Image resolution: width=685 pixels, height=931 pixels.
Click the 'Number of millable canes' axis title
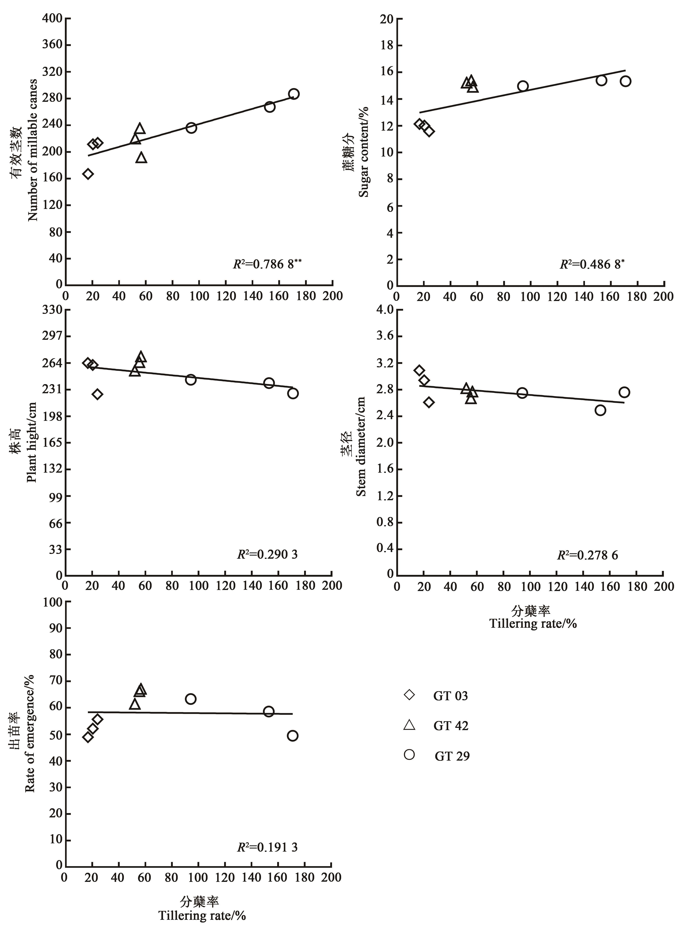pyautogui.click(x=33, y=150)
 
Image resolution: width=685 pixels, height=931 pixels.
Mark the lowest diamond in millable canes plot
pyautogui.click(x=88, y=174)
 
